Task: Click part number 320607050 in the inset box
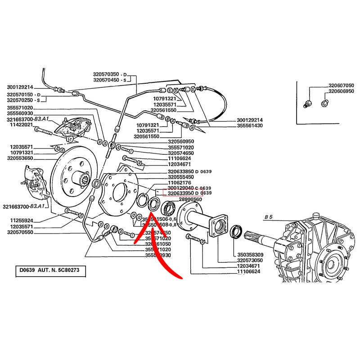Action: [341, 85]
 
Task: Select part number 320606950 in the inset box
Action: [341, 91]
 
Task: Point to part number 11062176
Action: [180, 183]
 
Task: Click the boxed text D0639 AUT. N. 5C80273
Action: [49, 271]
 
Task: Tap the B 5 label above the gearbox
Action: [269, 217]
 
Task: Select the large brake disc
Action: [74, 178]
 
